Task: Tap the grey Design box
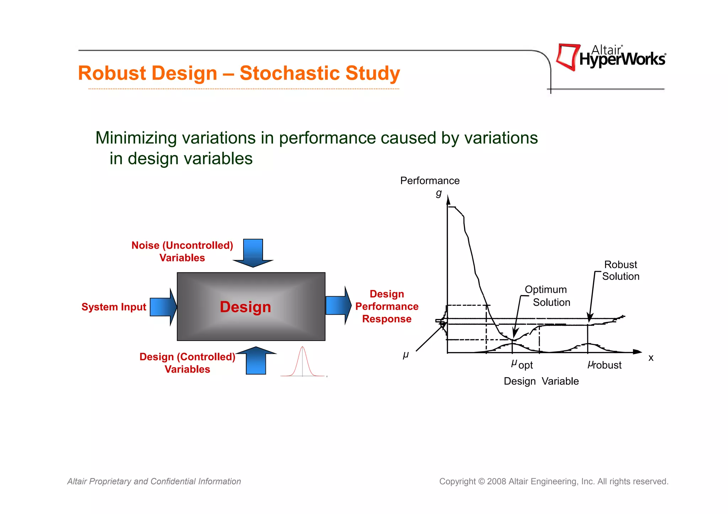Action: (x=251, y=307)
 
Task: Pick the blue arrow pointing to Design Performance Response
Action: (x=338, y=305)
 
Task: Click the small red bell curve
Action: (x=303, y=362)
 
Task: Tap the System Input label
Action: (x=114, y=307)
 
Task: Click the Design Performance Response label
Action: (x=387, y=306)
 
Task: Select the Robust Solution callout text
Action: (x=621, y=270)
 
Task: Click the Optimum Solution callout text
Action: (x=547, y=296)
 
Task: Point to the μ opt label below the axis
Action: (x=522, y=364)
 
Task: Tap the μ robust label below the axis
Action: (x=604, y=365)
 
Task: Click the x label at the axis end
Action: (x=651, y=358)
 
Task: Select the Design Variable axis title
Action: (x=541, y=381)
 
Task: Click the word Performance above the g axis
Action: (x=430, y=181)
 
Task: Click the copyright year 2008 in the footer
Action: (x=497, y=481)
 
